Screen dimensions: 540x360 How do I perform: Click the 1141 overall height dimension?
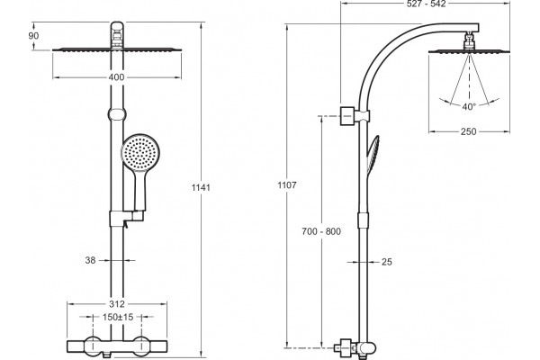point(201,188)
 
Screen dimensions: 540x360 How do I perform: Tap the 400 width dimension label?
point(116,77)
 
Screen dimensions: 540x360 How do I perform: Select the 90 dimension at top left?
point(33,35)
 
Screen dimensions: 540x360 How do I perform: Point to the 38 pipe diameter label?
point(90,260)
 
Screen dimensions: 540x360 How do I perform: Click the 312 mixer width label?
point(117,304)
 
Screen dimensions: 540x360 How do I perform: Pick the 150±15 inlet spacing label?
point(118,317)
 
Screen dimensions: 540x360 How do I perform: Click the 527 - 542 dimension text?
point(426,4)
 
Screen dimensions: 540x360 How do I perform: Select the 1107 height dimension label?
point(287,185)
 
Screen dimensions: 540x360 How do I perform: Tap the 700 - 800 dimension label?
point(321,231)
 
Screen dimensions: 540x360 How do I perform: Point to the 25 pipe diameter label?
point(387,262)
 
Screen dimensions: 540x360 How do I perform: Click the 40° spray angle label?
point(469,107)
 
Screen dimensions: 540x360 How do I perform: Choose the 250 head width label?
point(468,131)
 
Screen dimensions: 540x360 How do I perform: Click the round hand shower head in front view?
point(140,151)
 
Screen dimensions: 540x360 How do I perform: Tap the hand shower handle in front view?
point(139,190)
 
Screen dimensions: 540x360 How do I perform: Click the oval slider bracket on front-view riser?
point(117,114)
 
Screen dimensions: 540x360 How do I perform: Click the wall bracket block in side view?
point(346,116)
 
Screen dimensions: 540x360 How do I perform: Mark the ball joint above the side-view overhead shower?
point(468,41)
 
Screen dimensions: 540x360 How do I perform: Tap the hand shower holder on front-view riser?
point(126,219)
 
